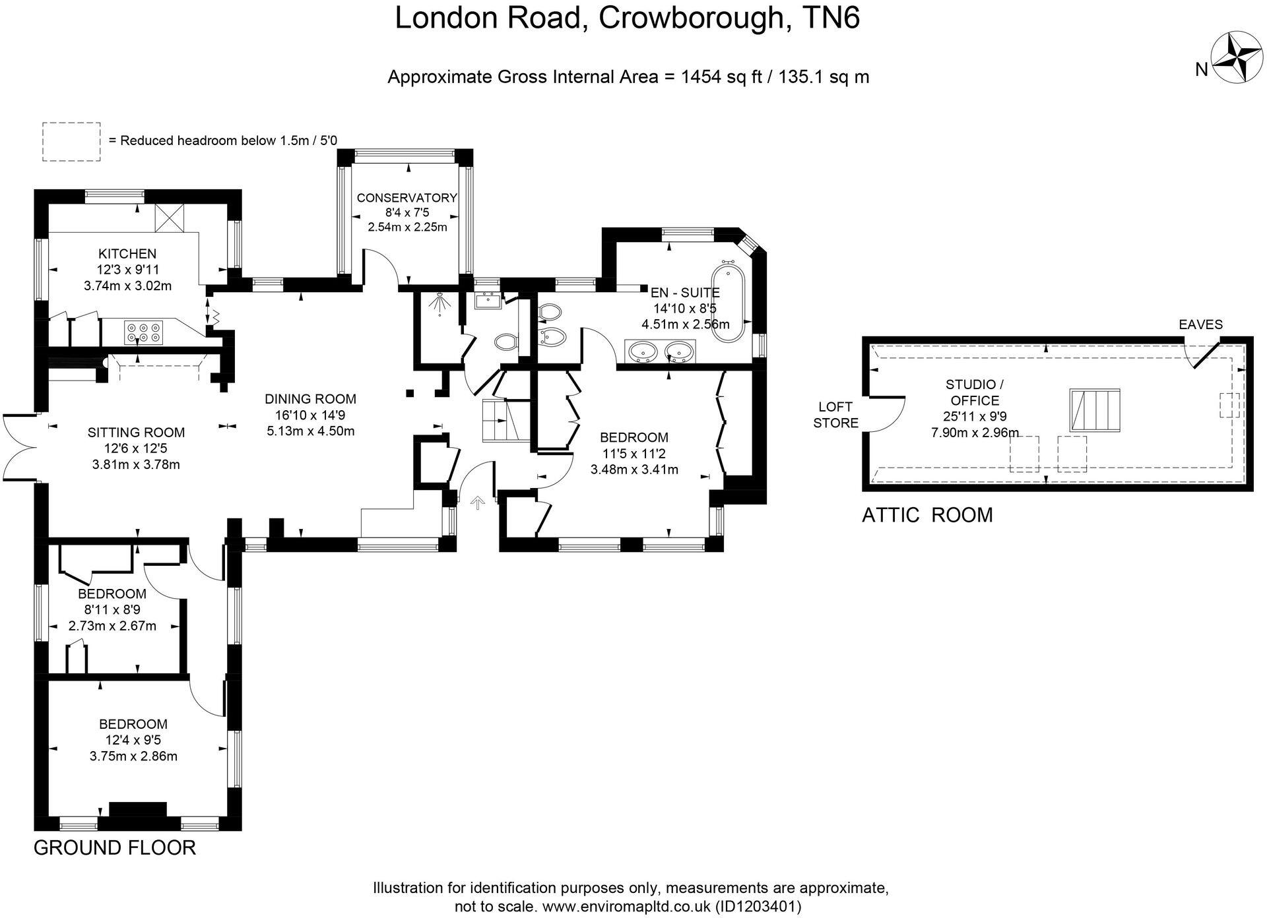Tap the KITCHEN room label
[x=127, y=254]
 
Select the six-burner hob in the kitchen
[x=145, y=331]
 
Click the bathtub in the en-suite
[x=728, y=302]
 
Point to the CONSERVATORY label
[x=406, y=198]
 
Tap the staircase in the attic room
[x=1095, y=410]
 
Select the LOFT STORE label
[x=835, y=415]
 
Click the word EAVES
[x=1200, y=324]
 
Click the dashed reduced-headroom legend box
[x=71, y=141]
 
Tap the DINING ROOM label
[x=310, y=399]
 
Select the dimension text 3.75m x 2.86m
[x=133, y=756]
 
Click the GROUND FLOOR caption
[x=115, y=847]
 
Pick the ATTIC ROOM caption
[x=926, y=514]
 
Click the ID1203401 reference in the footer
[x=758, y=907]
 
